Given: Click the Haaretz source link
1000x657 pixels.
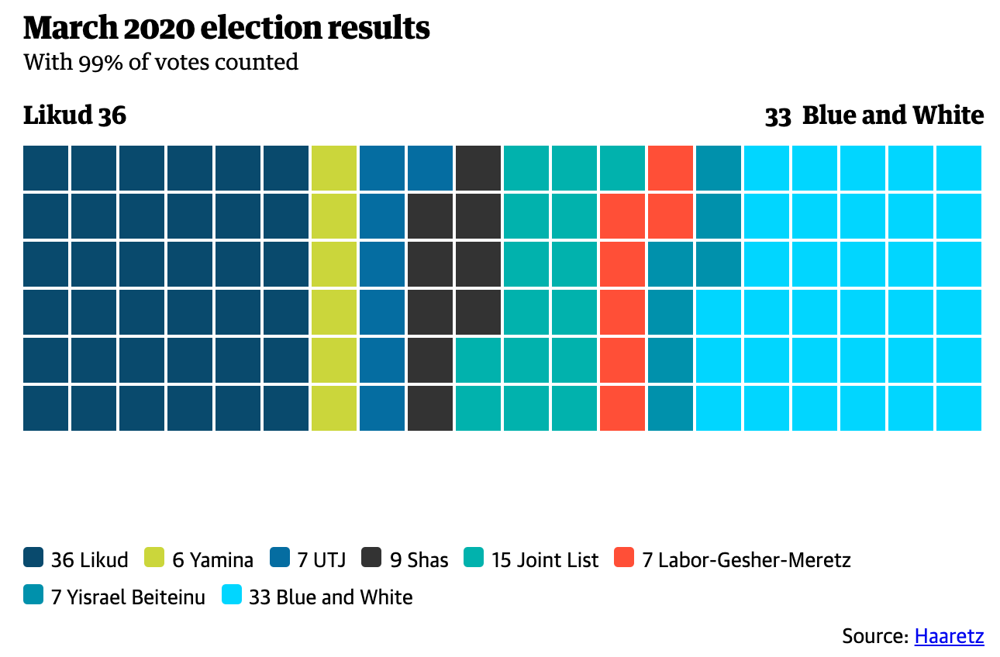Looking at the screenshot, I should pos(949,636).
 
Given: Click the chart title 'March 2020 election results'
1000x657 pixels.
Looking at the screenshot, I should pos(226,29).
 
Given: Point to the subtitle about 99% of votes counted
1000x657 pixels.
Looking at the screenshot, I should pos(160,62).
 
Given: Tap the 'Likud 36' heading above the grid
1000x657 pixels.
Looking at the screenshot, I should pos(74,115).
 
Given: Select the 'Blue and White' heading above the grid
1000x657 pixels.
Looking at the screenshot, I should pos(892,115).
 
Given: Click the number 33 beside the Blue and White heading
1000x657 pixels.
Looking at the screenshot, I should pos(778,116).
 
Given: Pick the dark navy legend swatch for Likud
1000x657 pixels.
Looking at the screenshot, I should pos(33,558).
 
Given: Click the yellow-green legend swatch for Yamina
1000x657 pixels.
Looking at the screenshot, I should pos(155,558).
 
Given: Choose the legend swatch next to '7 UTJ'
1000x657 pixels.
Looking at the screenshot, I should pos(280,558).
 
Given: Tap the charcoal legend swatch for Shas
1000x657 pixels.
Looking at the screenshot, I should pos(372,558).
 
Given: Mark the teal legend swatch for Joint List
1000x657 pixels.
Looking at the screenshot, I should pos(474,558).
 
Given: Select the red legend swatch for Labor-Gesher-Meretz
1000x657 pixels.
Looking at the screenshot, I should pos(624,558).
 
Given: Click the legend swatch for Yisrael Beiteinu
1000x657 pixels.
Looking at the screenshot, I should pos(33,596).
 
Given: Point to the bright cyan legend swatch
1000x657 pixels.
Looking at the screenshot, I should pos(232,596).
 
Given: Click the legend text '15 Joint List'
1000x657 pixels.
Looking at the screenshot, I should pos(544,559).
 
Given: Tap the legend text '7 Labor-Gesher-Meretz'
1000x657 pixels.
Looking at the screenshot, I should pos(746,559).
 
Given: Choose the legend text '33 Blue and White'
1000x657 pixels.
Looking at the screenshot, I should pos(330,597).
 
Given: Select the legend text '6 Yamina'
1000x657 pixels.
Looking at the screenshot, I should pos(212,559).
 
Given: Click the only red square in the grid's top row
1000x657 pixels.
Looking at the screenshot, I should pos(671,168).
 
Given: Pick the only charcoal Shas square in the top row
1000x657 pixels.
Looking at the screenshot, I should pos(478,168).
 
